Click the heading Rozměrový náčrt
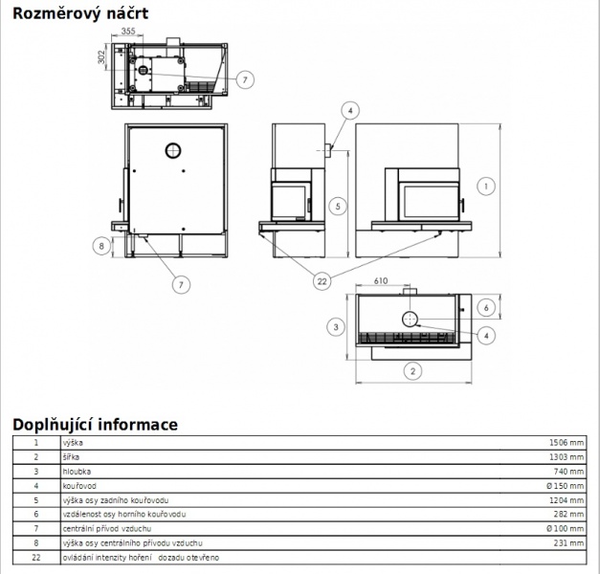coord(80,13)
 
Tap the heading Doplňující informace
coord(96,425)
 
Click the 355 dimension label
coord(128,31)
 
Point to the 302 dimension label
coord(101,57)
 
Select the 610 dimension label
coord(381,281)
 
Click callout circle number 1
coord(486,187)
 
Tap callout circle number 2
coord(412,371)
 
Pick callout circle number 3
coord(336,327)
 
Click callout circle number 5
coord(338,207)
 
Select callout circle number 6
coord(486,308)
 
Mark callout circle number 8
coord(101,246)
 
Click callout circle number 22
coord(322,281)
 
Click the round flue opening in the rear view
coord(173,151)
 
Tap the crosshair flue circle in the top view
coord(410,320)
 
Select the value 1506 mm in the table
coord(567,443)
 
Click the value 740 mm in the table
coord(569,472)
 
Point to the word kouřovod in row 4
coord(79,486)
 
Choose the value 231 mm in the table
coord(569,543)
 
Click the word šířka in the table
coord(71,457)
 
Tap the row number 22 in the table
coord(36,558)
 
